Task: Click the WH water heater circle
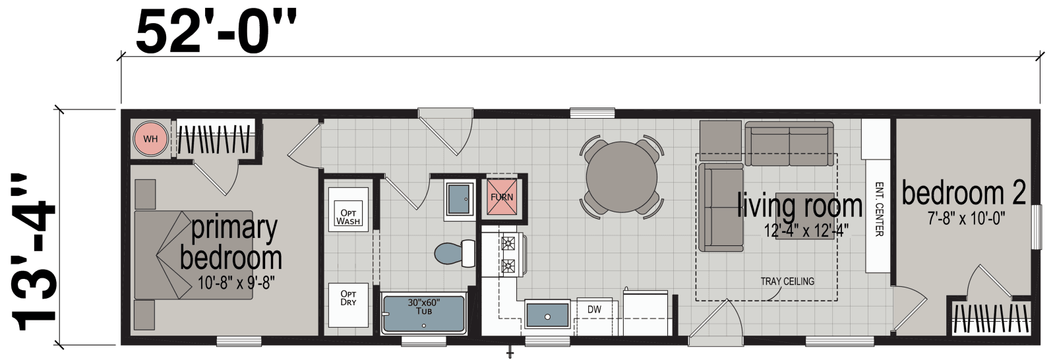150,139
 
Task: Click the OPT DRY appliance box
348,298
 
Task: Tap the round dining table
621,177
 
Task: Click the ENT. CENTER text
878,209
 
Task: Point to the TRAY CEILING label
787,282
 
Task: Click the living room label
799,206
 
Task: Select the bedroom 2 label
963,193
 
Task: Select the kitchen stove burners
508,255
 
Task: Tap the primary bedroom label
232,243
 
